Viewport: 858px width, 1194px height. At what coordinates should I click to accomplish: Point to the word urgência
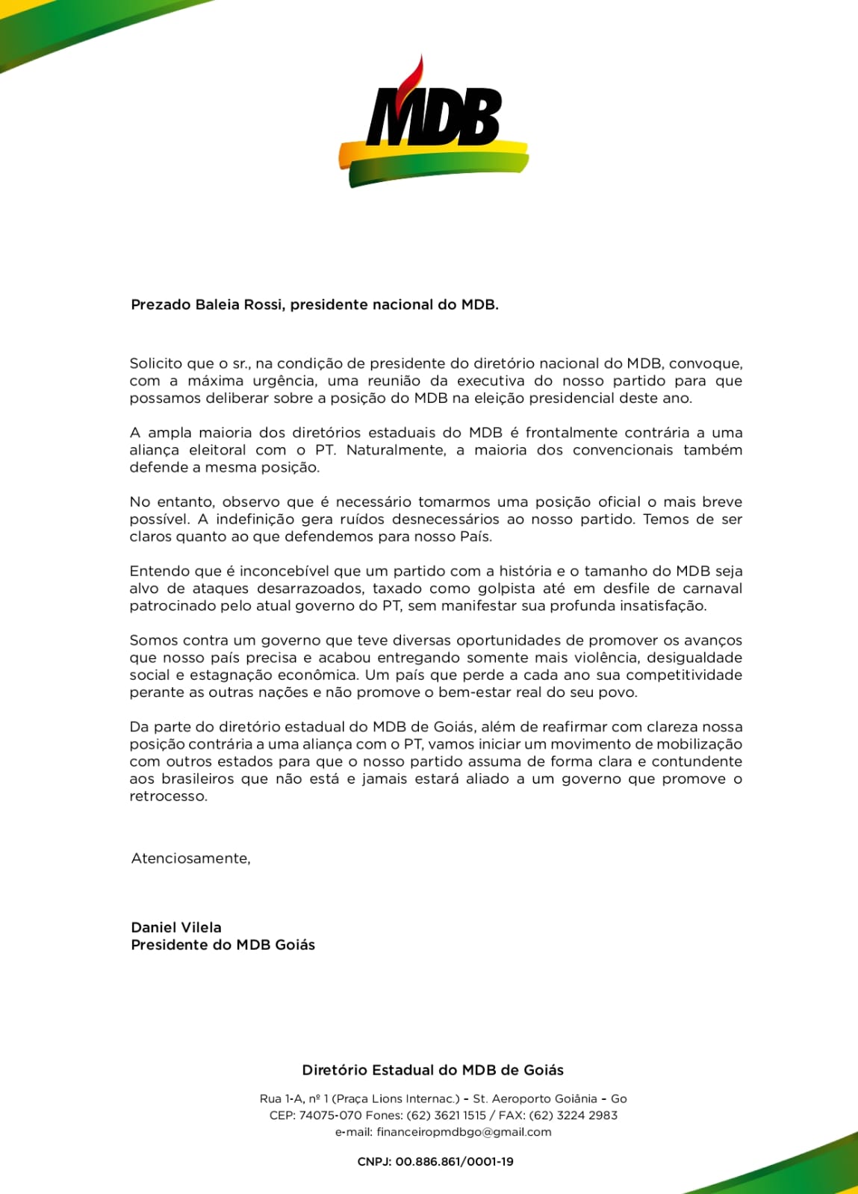285,381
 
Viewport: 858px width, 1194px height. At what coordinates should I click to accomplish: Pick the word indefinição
255,519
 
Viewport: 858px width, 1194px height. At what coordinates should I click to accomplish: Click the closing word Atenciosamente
190,858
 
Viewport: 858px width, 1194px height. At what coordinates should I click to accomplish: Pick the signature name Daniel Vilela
176,928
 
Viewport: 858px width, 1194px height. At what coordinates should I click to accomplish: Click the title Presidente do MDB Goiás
223,945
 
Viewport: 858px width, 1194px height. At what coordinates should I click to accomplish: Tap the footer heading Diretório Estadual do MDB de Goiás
432,1070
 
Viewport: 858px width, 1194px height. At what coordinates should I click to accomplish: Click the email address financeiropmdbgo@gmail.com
464,1132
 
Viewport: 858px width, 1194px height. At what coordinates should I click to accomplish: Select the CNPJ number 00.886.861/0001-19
454,1162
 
